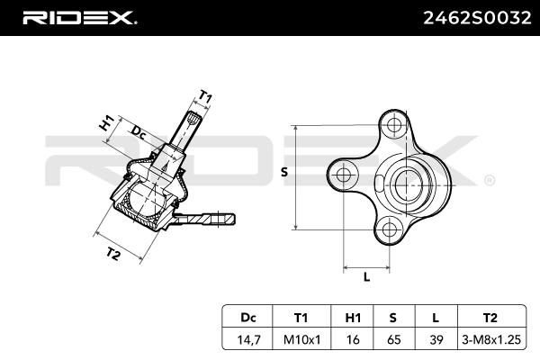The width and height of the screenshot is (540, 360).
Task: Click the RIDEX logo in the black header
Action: (79, 18)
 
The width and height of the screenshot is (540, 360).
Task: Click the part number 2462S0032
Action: (477, 18)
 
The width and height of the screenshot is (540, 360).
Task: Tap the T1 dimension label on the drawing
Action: (205, 97)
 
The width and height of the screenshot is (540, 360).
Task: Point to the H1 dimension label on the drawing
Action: (107, 123)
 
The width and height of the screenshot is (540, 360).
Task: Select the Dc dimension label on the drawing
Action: (139, 132)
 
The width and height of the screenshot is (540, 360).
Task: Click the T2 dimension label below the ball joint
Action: (112, 254)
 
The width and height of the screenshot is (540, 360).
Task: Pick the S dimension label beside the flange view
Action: (284, 172)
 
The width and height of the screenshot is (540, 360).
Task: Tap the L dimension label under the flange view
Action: (366, 276)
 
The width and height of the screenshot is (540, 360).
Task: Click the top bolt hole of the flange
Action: (393, 124)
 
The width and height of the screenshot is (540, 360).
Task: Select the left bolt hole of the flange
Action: (344, 175)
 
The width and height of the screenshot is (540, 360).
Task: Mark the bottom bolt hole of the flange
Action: (389, 229)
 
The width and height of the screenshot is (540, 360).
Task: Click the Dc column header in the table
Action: (248, 318)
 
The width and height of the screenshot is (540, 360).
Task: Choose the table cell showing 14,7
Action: (248, 339)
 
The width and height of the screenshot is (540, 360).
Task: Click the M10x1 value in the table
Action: (301, 339)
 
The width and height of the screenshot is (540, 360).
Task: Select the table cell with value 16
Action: (353, 339)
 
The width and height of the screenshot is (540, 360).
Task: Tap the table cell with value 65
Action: (393, 339)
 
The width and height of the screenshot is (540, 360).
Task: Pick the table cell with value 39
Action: (436, 339)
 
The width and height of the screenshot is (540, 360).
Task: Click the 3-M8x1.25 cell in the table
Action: (491, 339)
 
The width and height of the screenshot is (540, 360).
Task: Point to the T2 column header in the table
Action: (490, 318)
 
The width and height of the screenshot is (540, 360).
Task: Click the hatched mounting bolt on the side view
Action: (204, 219)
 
